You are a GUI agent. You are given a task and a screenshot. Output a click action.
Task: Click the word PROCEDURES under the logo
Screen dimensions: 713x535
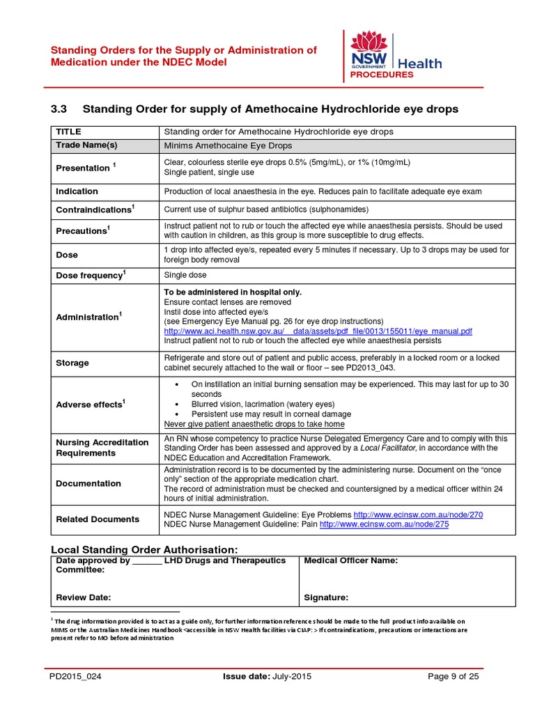coord(382,75)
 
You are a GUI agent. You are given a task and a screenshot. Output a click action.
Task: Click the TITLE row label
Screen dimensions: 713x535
coord(68,132)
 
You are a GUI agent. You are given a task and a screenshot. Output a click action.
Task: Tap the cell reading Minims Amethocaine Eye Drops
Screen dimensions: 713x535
coord(228,146)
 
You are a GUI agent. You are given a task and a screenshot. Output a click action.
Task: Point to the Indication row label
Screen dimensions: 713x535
coord(77,191)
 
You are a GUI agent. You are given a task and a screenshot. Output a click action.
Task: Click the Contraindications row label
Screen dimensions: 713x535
coord(94,210)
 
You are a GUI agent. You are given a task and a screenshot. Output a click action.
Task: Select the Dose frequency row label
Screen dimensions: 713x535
coord(90,275)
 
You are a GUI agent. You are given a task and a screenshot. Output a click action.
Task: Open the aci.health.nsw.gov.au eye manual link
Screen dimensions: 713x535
coord(318,331)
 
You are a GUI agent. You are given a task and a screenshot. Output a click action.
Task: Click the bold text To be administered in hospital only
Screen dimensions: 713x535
coord(233,292)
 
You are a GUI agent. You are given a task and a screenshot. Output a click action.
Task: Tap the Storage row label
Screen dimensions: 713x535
coord(72,363)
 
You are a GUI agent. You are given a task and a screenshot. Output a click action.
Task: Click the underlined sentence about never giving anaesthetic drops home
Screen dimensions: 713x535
coord(254,424)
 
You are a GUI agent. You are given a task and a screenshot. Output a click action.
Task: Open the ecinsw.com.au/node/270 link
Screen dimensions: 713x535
coord(418,514)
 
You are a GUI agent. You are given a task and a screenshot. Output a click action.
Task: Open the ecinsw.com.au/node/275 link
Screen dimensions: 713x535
coord(384,524)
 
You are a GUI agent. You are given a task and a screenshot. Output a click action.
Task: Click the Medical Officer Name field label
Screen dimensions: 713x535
coord(351,561)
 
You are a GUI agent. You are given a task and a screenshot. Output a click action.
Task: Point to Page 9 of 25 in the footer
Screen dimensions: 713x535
coord(452,676)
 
